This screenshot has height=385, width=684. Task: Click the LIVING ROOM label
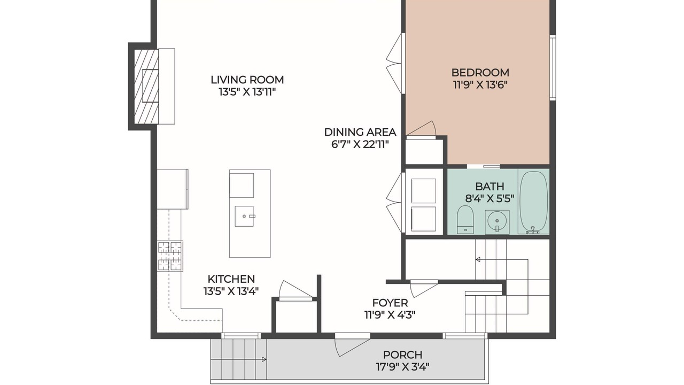[247, 80]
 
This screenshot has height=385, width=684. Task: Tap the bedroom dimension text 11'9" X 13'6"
[480, 84]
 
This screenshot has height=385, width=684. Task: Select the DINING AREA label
[360, 132]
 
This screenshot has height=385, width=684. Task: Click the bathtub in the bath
[534, 202]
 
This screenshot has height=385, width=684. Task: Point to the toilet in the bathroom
[465, 219]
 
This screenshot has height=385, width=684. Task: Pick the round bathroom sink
[497, 221]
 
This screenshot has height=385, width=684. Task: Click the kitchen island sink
[244, 217]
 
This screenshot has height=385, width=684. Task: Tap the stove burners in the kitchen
[170, 256]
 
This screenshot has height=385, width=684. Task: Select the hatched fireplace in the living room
[146, 87]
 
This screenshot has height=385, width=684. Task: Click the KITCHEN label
[231, 279]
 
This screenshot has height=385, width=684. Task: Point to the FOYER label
[390, 303]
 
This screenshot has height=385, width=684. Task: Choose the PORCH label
[402, 355]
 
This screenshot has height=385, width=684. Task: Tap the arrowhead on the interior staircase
[478, 260]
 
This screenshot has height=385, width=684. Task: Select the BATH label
[489, 187]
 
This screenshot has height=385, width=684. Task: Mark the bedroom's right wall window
[553, 67]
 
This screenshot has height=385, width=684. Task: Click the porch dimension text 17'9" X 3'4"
[402, 367]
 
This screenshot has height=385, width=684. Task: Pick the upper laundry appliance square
[424, 191]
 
